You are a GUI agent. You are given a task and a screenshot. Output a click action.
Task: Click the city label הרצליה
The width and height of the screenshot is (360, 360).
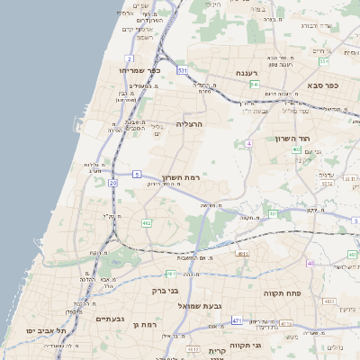189,123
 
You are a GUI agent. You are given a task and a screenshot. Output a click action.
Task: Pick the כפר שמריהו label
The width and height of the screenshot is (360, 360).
138,69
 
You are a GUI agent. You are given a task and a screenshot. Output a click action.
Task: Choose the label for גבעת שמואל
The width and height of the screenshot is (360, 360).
197,307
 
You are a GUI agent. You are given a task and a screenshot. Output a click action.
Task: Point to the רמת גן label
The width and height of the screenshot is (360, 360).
144,324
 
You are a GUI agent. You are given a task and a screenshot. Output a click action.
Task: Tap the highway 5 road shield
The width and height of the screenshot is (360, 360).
136,173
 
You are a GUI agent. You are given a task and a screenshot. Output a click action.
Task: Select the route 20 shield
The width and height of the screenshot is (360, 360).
112,183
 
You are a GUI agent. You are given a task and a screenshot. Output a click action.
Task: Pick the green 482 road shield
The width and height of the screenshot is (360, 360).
147,221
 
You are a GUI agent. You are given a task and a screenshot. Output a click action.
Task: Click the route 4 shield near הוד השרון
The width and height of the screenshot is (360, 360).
248,143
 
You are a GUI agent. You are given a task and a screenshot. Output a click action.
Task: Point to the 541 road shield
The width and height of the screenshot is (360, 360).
255,85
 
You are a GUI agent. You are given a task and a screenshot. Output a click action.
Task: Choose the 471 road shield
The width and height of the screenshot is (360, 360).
237,320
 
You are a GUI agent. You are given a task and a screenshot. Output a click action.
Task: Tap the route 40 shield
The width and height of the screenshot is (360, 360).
310,264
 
